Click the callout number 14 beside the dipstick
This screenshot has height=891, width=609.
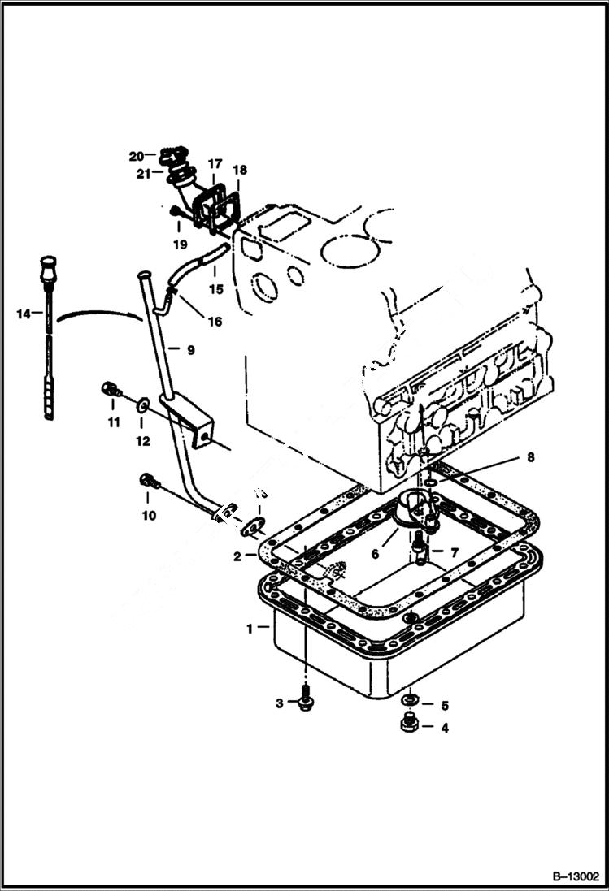(23, 312)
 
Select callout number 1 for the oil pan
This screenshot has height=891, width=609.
(251, 628)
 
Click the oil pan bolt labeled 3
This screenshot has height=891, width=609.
(306, 701)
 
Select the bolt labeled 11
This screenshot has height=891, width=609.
(111, 390)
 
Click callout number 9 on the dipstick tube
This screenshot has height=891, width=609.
(189, 350)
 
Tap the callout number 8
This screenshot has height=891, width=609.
(529, 458)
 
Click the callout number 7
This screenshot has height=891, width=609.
(454, 552)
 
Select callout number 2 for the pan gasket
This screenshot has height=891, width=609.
(237, 556)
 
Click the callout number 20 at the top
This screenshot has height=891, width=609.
(136, 155)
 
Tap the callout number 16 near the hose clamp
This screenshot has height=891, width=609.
(214, 322)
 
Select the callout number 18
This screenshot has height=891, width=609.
(239, 170)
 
